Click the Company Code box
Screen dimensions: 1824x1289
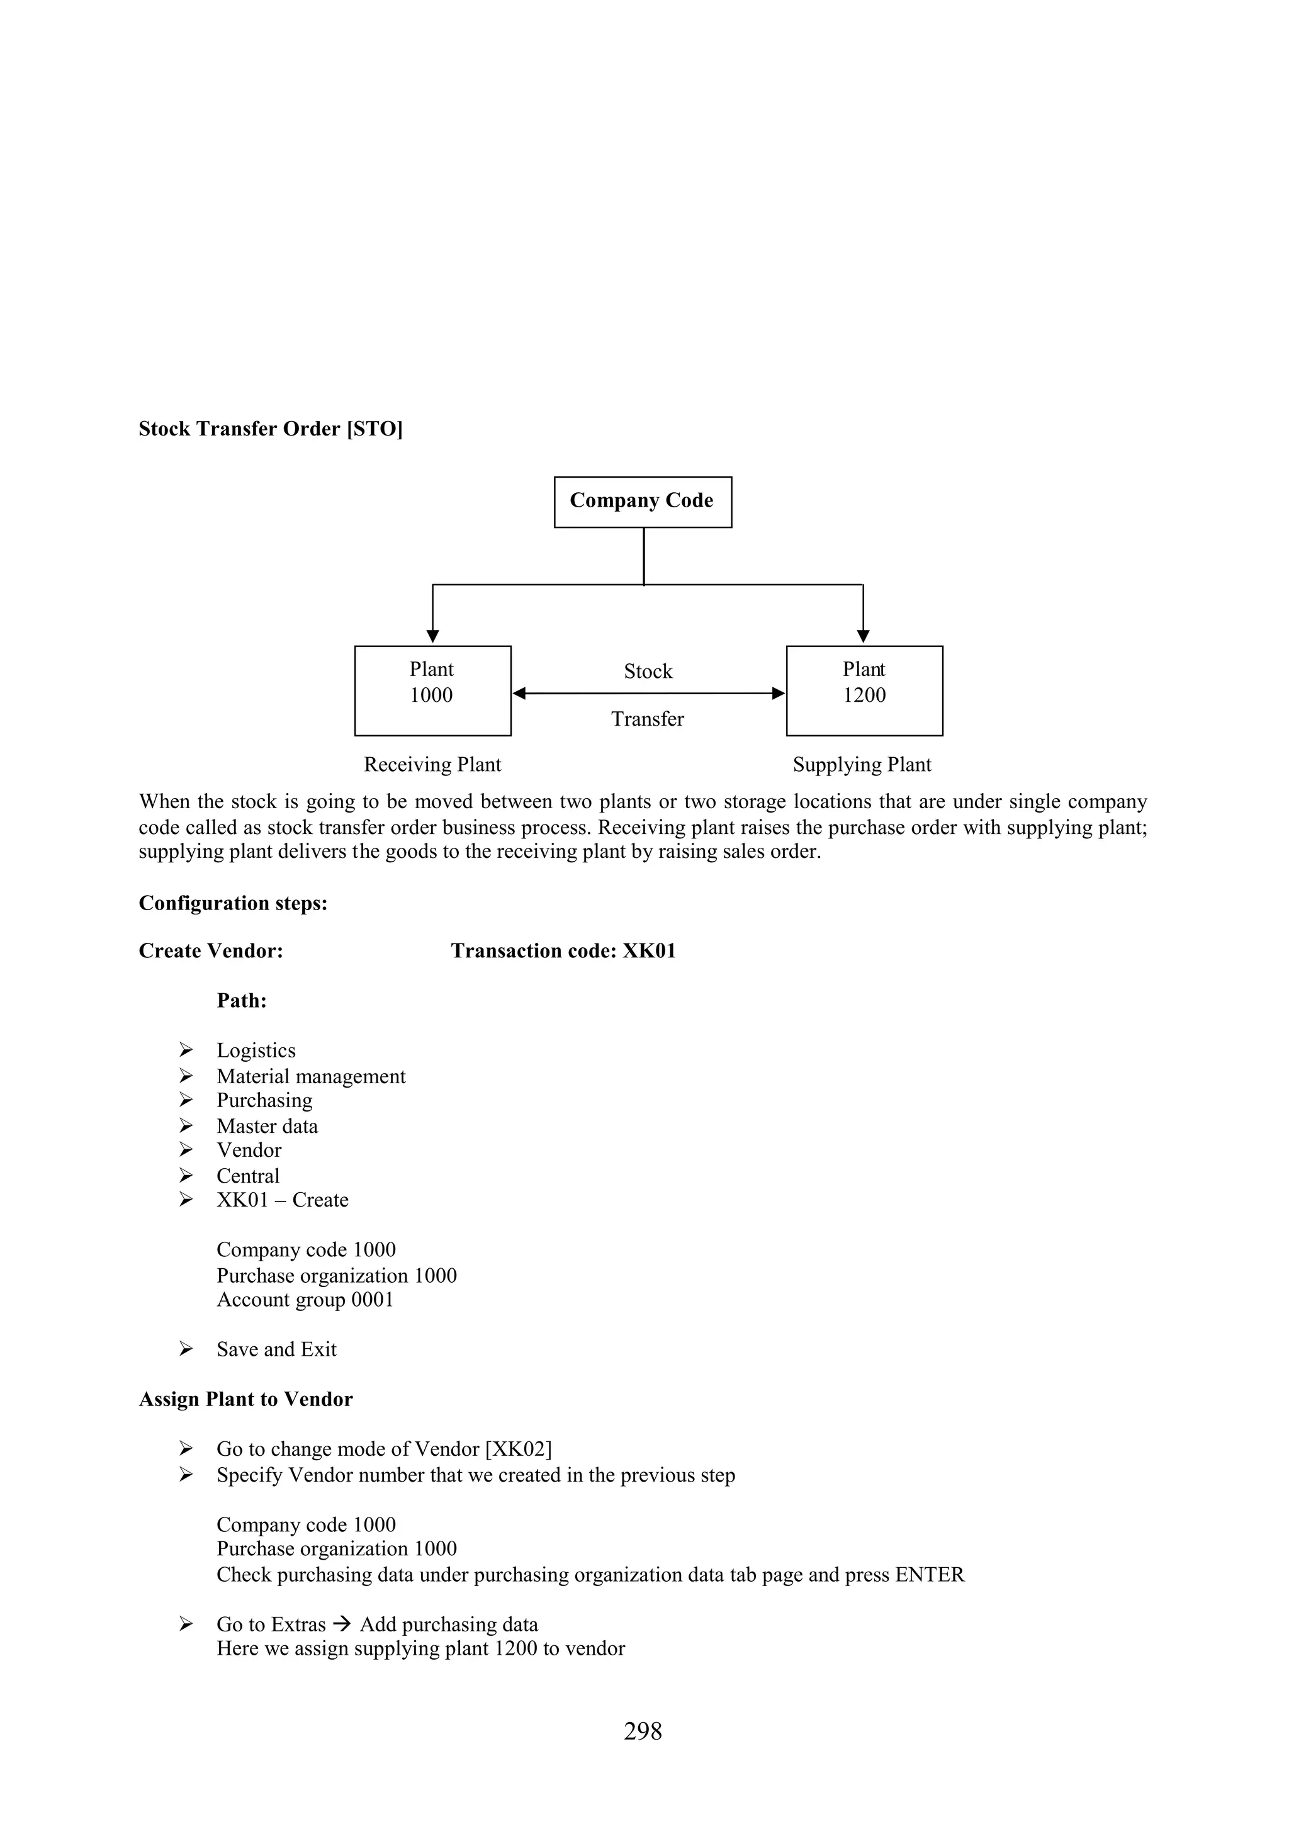tap(642, 501)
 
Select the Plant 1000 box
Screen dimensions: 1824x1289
tap(432, 690)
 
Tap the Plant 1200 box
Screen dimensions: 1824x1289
tap(864, 690)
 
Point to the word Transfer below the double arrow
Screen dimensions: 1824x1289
tap(647, 719)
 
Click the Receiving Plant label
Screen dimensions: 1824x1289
tap(432, 764)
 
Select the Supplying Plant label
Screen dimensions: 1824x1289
tap(862, 764)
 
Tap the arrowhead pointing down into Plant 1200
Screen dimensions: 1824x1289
tap(864, 636)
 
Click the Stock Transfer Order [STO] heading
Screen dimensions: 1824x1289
tap(270, 429)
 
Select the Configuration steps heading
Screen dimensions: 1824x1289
tap(233, 903)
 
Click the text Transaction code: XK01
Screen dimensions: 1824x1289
tap(563, 951)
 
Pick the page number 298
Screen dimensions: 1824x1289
tap(643, 1730)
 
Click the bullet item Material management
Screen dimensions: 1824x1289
tap(310, 1076)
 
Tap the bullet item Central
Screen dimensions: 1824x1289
tap(248, 1176)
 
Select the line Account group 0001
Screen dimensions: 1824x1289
tap(305, 1300)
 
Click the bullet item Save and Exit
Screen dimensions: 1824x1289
tap(276, 1349)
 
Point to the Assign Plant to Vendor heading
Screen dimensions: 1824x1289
tap(245, 1399)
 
